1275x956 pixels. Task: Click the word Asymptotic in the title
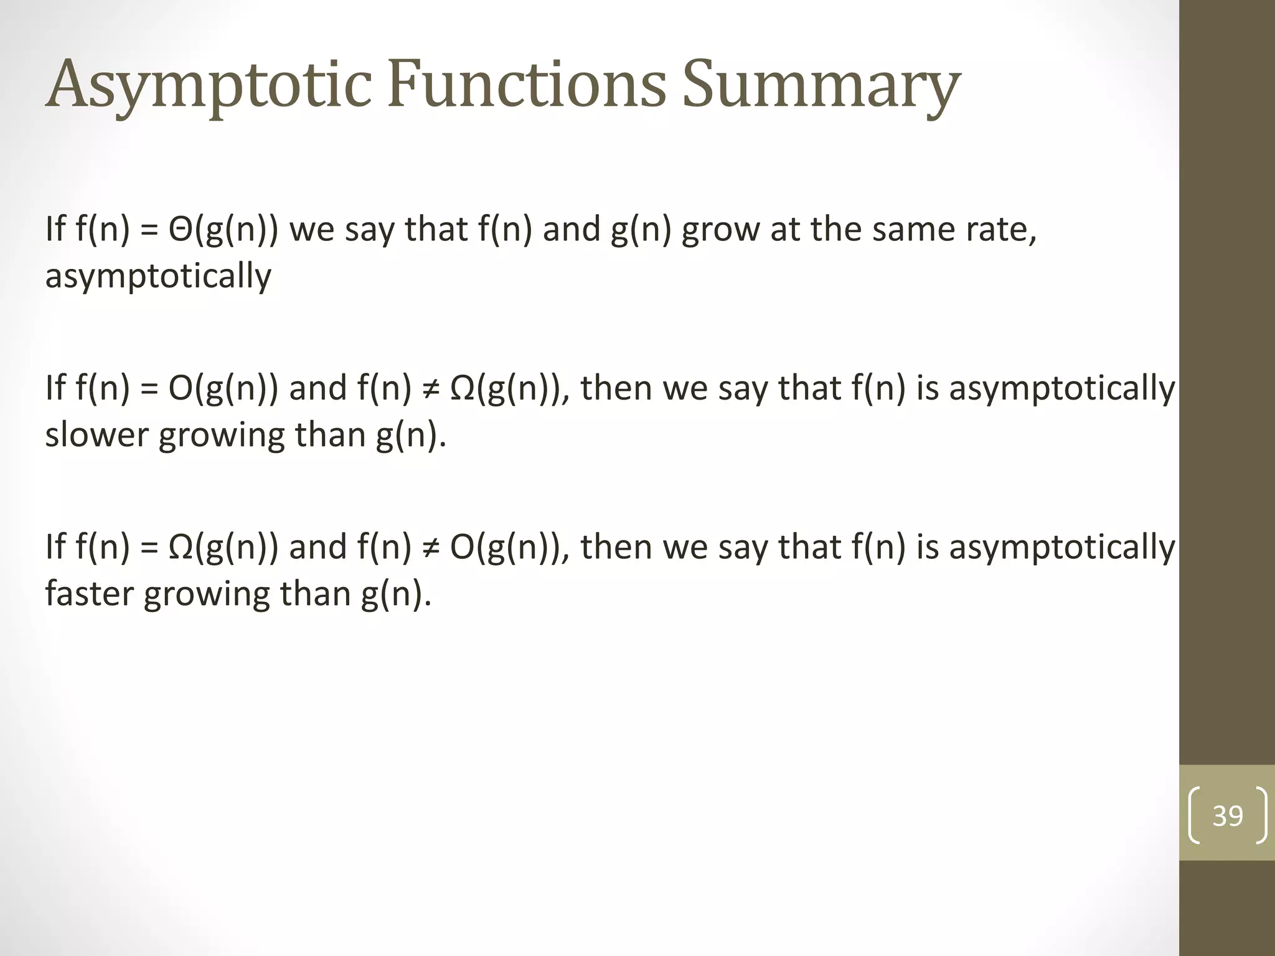pos(209,84)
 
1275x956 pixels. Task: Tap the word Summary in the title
pos(821,84)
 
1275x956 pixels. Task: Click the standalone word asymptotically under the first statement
pos(158,276)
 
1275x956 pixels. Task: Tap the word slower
pos(96,434)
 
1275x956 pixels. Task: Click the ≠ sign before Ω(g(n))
pos(430,388)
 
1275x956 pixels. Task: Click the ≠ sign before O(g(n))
pos(430,547)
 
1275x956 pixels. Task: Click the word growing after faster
pos(206,594)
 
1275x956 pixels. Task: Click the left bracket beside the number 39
pos(1194,815)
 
